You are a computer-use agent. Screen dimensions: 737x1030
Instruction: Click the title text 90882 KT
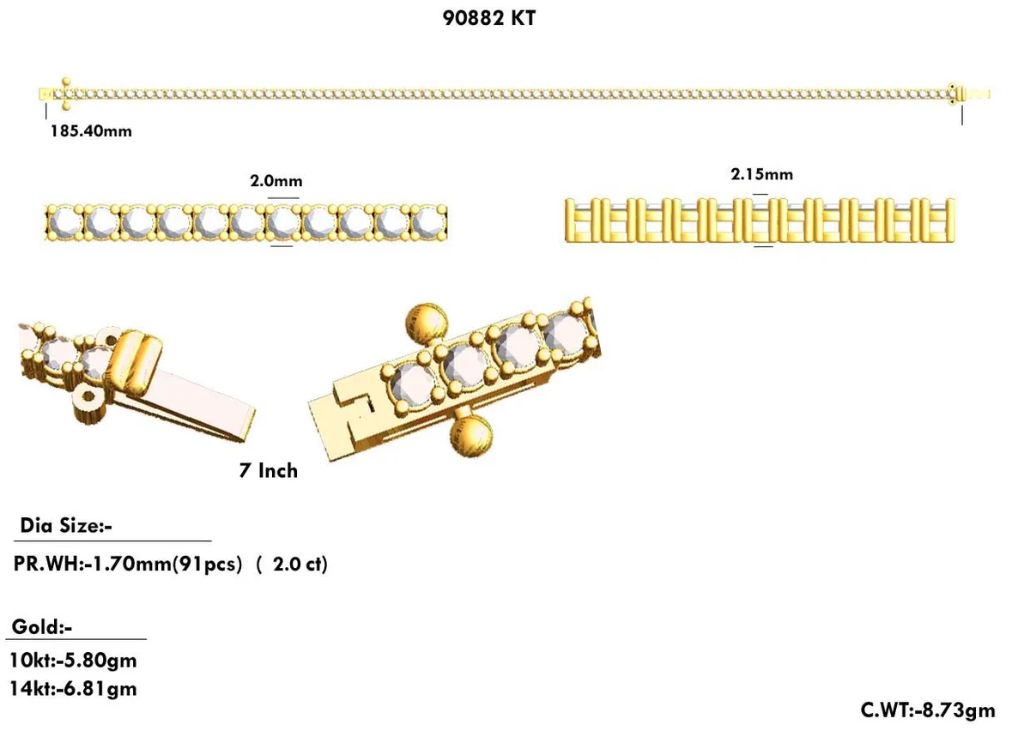(488, 18)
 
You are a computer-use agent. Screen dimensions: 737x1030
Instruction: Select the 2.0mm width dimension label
(276, 181)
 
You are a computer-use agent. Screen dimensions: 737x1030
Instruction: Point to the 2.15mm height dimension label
(761, 174)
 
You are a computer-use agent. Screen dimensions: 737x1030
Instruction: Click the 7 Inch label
(268, 470)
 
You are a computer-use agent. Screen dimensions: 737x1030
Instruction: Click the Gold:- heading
(42, 627)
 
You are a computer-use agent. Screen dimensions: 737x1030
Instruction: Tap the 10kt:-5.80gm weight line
(73, 661)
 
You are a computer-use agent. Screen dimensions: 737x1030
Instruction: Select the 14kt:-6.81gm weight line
(73, 688)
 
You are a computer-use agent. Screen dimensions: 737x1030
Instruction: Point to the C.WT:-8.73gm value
(928, 710)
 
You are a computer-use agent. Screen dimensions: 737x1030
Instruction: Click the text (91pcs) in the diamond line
(209, 565)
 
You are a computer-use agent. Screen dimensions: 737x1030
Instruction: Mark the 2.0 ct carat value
(296, 565)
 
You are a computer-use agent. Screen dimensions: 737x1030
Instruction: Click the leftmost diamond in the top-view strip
(64, 222)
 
